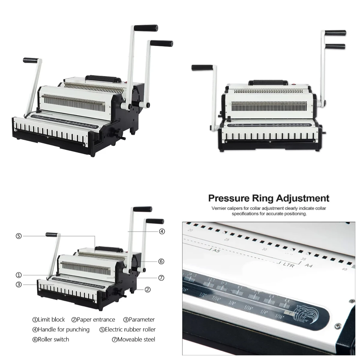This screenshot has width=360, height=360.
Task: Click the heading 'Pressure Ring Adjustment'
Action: [x=269, y=198]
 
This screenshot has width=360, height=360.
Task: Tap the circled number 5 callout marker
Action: [x=19, y=236]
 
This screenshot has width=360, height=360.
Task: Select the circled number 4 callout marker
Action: [x=162, y=231]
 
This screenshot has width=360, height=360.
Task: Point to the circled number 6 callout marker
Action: [x=161, y=262]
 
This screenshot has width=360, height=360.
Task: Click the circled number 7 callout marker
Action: [x=161, y=278]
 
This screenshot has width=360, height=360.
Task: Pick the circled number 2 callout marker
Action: [x=148, y=289]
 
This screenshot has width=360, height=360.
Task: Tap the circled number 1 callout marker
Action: [x=19, y=275]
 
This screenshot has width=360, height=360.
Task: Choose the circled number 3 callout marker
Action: [x=19, y=284]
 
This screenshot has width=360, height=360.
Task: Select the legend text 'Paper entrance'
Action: [x=96, y=319]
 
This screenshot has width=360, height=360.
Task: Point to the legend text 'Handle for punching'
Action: [x=63, y=329]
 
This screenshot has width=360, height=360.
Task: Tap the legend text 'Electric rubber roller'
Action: [x=130, y=329]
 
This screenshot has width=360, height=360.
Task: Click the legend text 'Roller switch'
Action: [x=53, y=339]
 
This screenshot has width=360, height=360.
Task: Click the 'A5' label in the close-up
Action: [x=216, y=250]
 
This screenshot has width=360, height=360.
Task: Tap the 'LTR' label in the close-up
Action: [x=288, y=265]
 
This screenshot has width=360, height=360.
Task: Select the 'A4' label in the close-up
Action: [x=308, y=265]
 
